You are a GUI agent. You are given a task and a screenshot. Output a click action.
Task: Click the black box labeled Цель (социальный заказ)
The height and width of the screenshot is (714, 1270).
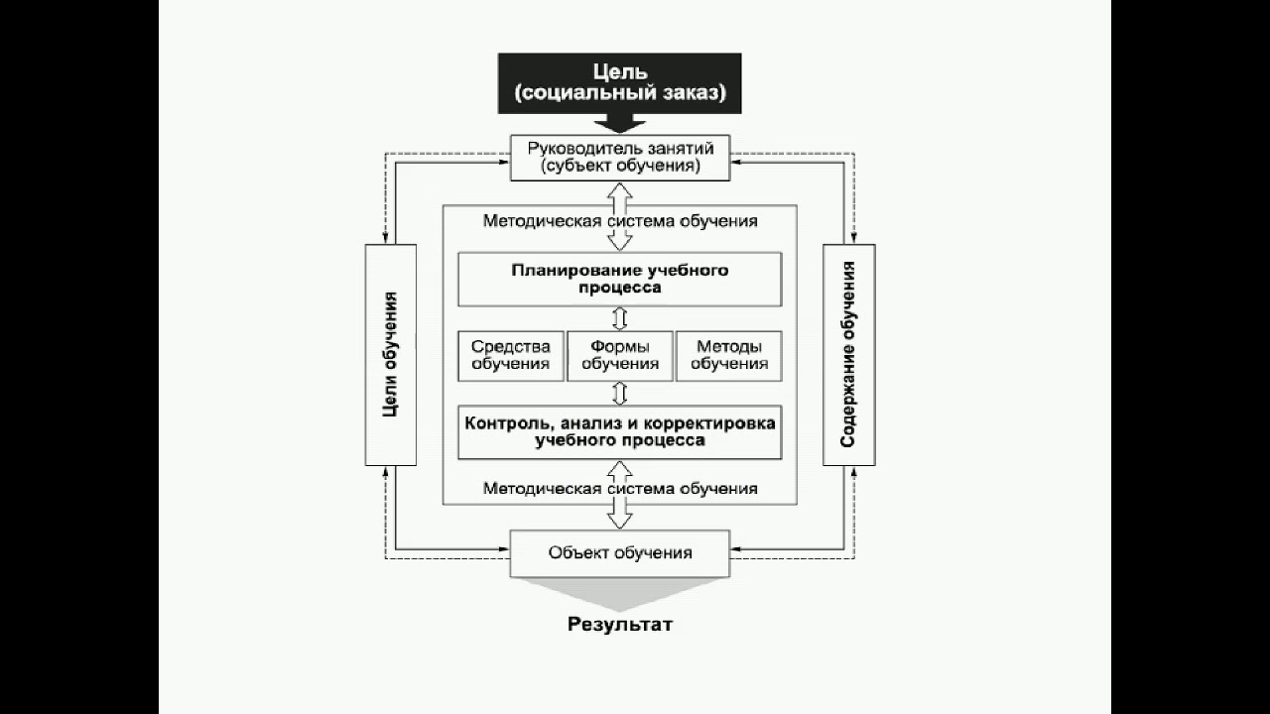[620, 83]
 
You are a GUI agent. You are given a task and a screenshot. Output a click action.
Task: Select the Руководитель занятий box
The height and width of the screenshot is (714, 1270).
[620, 158]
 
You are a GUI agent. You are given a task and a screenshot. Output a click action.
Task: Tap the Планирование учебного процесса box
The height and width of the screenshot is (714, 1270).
[620, 279]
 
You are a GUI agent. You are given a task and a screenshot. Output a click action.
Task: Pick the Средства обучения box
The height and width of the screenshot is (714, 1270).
[511, 356]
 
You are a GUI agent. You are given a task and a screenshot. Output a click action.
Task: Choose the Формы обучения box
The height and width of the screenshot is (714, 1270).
[620, 356]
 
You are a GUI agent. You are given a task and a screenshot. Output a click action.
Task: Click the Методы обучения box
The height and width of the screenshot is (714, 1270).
[729, 356]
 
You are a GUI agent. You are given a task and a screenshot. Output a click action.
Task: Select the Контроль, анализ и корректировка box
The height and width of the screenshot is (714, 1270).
[620, 431]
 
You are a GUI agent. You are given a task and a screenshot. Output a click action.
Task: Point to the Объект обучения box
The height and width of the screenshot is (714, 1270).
[620, 552]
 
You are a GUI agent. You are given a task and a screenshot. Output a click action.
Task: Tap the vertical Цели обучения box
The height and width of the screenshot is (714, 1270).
[391, 354]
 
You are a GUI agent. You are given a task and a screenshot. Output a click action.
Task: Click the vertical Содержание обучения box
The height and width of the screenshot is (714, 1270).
[849, 354]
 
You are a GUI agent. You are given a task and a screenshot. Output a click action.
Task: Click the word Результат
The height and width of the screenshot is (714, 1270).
[620, 625]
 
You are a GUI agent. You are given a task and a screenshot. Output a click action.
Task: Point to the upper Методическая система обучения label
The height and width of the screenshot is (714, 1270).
[620, 221]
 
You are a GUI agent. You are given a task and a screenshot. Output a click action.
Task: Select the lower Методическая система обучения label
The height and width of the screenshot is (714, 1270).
[620, 488]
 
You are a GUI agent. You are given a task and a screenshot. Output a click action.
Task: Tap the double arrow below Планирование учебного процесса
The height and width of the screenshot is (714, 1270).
[620, 318]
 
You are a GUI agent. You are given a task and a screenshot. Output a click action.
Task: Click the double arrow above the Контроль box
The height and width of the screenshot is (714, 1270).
[620, 393]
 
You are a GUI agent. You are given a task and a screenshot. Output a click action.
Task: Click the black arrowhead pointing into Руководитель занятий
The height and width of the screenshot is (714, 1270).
[620, 125]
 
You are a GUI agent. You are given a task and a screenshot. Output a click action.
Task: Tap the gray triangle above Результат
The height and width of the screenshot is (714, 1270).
[620, 592]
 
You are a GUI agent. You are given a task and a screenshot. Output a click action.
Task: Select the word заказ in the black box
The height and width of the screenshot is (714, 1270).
[691, 94]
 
